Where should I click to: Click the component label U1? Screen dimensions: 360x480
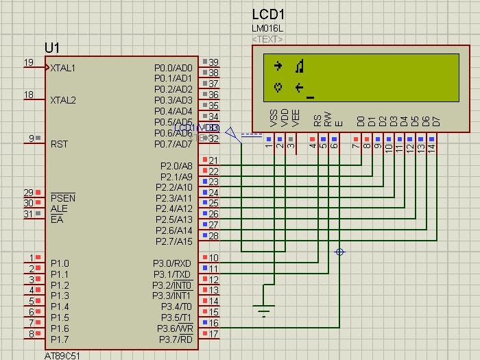pos(52,47)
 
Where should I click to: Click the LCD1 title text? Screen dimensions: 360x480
pos(268,14)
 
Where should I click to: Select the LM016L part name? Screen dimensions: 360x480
pos(267,29)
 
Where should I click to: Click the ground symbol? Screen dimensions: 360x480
pos(263,311)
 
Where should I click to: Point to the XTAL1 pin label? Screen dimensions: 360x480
pos(62,68)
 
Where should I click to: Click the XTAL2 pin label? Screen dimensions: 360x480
pos(62,100)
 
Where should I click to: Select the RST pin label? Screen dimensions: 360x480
pos(59,144)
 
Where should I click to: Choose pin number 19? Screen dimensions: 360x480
pos(29,63)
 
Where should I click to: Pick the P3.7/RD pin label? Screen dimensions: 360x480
pos(175,339)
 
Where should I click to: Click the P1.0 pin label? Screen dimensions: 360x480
pos(60,263)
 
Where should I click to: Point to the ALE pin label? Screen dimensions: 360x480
pos(58,208)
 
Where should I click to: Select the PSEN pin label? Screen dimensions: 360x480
pos(63,198)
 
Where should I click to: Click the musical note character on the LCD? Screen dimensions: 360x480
pos(299,67)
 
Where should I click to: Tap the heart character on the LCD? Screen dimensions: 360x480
pos(278,87)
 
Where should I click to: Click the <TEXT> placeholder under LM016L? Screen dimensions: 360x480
pos(267,39)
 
